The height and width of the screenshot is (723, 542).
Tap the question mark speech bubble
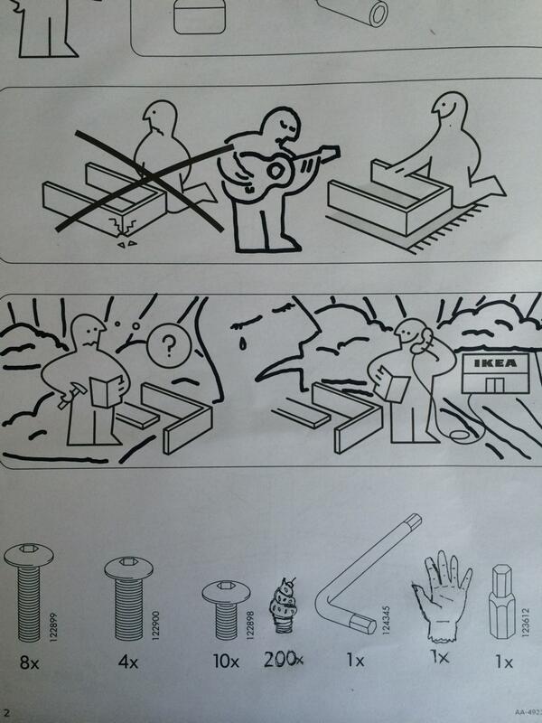(x=164, y=343)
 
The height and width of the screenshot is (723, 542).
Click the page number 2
(x=6, y=713)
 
